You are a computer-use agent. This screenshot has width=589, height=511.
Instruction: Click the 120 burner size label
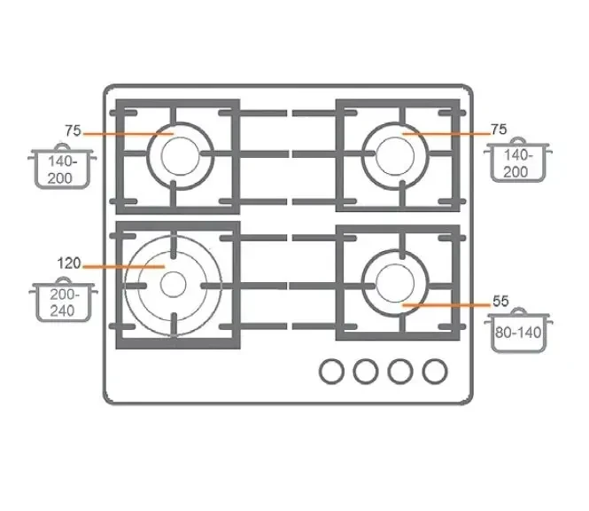tap(69, 263)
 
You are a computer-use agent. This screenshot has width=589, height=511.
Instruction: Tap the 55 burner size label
tap(500, 301)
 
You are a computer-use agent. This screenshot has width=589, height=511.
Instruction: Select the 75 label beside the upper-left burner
tap(73, 130)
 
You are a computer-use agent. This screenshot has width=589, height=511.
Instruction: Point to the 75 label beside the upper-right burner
tap(499, 130)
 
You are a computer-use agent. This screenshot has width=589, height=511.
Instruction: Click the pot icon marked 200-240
tap(63, 300)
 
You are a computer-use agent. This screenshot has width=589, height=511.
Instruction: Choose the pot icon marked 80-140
tap(518, 330)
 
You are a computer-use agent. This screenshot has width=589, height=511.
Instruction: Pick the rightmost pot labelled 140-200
tap(517, 160)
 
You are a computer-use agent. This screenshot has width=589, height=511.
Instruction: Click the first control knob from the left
tap(331, 372)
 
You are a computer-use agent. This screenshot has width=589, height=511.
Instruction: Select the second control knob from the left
tap(366, 372)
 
